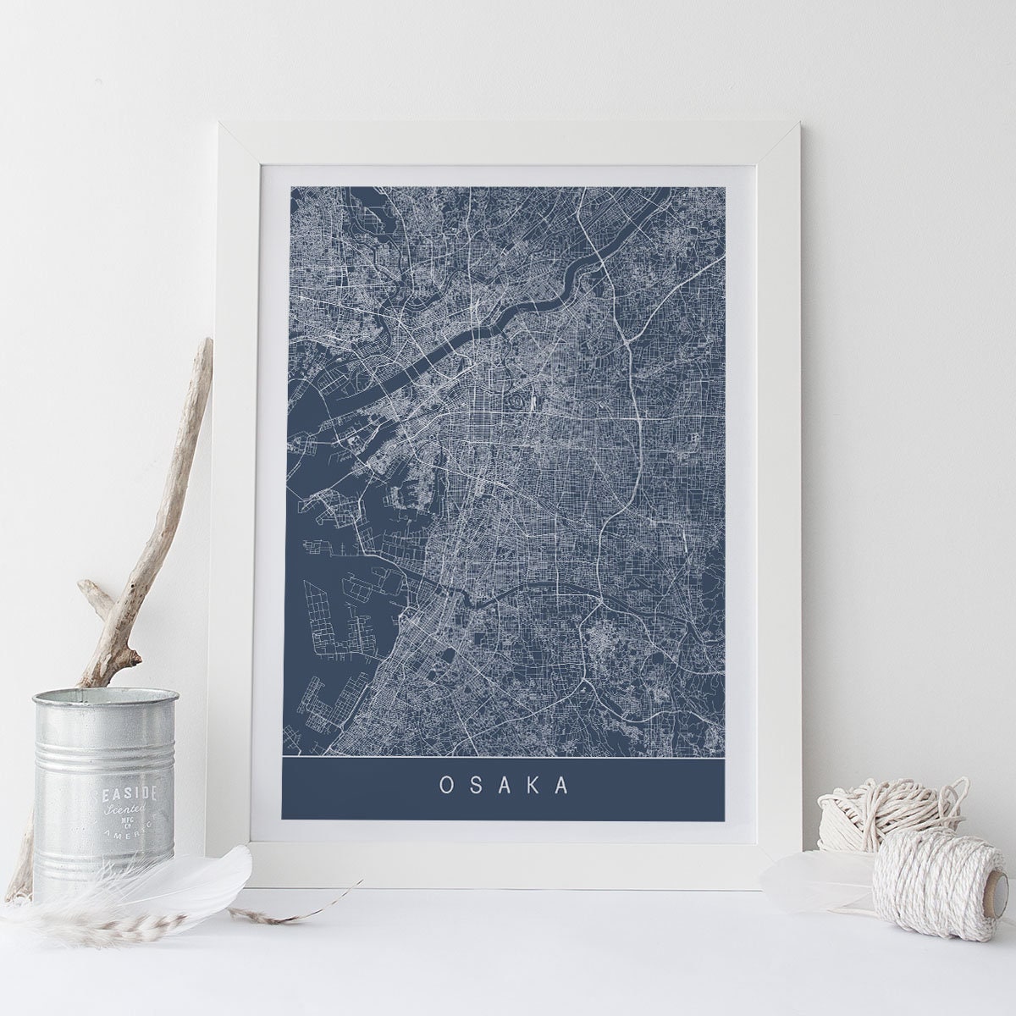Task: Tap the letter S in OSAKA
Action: click(x=475, y=784)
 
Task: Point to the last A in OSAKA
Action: click(x=560, y=784)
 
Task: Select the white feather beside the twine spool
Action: click(x=804, y=881)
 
